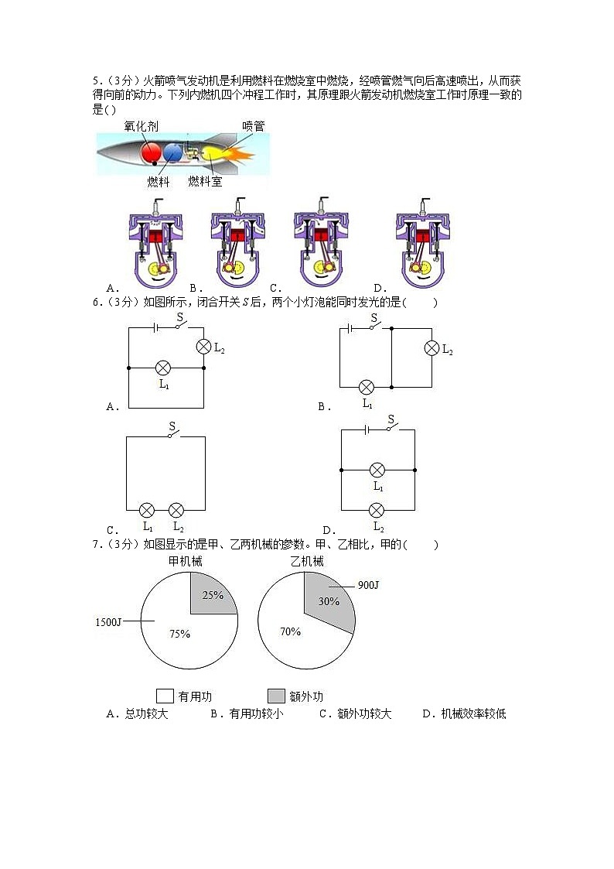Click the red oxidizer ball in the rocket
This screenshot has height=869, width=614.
click(x=151, y=152)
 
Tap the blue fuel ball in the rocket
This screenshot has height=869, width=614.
click(x=173, y=152)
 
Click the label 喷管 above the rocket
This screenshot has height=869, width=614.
click(x=253, y=126)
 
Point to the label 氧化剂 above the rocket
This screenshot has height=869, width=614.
click(x=142, y=126)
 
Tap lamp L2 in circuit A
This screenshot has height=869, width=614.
click(x=203, y=347)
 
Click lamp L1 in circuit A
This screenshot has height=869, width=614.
click(x=163, y=368)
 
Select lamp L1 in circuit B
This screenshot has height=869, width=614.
click(x=367, y=387)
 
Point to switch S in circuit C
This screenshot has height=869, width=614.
click(x=170, y=435)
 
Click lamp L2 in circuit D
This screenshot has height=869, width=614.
click(x=377, y=510)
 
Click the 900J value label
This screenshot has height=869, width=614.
click(x=368, y=585)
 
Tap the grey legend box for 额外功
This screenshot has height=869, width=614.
click(x=276, y=695)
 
